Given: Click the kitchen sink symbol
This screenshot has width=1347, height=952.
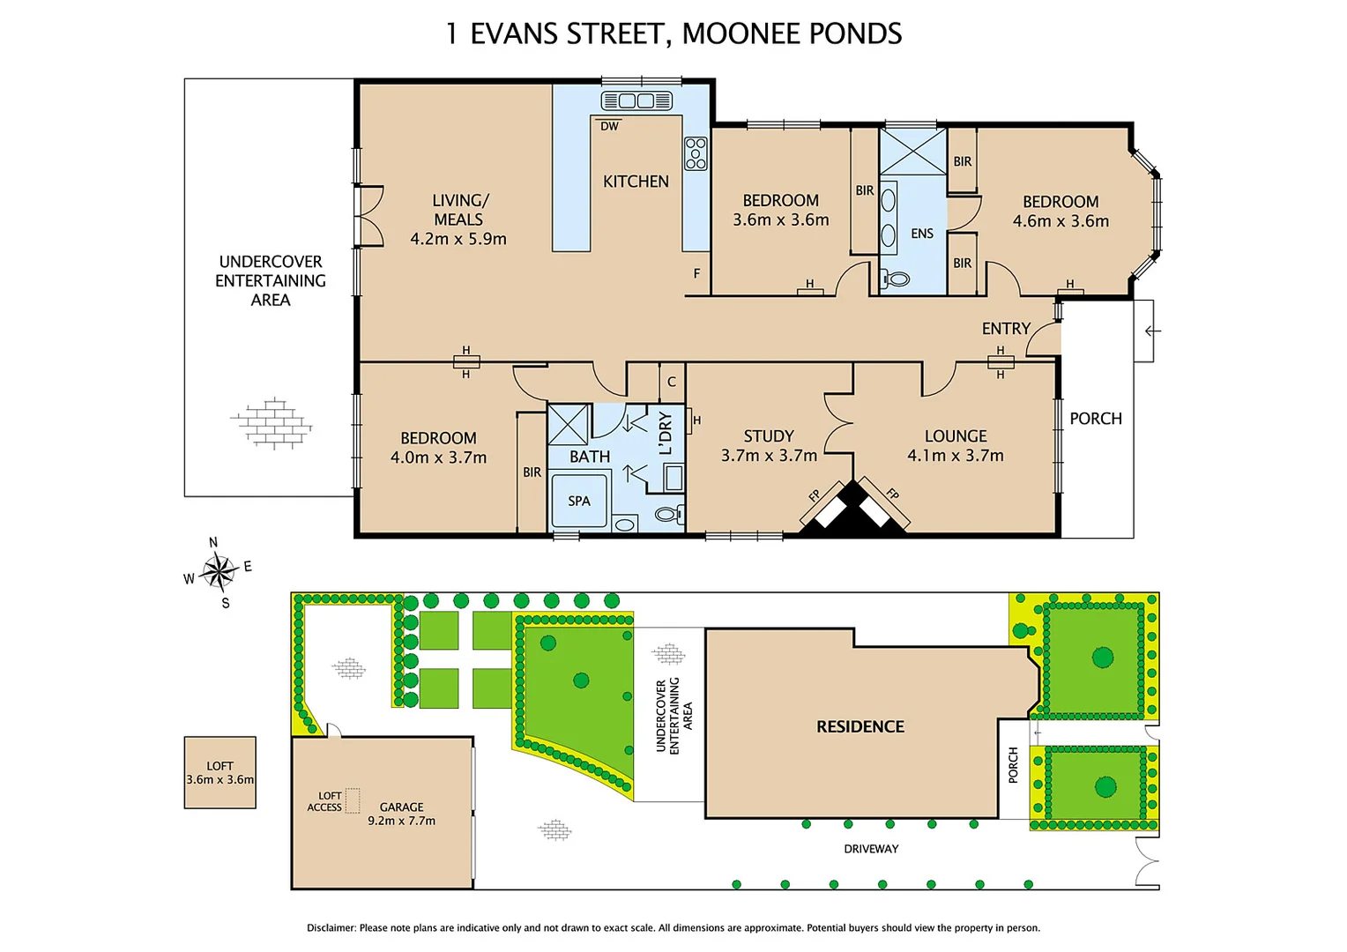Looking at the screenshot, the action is click(x=636, y=100).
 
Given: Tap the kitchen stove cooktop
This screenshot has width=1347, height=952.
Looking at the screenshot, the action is click(x=696, y=153).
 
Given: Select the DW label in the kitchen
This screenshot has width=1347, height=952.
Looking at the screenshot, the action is click(x=610, y=126).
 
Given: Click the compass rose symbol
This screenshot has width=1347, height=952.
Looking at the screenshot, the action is click(x=218, y=571).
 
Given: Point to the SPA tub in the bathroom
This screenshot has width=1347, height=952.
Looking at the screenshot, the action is click(x=579, y=501).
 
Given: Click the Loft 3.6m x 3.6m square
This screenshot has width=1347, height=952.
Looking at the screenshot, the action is click(x=220, y=772).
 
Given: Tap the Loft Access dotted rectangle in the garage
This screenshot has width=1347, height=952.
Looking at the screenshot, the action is click(x=353, y=800).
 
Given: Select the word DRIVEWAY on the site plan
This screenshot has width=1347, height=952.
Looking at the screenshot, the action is click(x=871, y=849).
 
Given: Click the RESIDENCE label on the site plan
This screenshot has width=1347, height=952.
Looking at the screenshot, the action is click(x=860, y=726).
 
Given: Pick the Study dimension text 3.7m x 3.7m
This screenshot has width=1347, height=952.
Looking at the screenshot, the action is click(x=769, y=455).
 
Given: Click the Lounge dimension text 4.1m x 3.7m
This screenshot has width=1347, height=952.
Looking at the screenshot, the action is click(x=956, y=455).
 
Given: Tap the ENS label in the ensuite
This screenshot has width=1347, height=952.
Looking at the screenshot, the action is click(x=922, y=234).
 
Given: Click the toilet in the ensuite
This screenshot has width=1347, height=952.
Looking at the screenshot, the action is click(x=896, y=279).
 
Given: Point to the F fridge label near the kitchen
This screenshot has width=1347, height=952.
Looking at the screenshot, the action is click(x=697, y=273).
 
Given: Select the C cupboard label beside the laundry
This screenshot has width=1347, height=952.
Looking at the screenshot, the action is click(x=672, y=382).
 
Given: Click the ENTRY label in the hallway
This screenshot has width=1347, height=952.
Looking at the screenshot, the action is click(x=1006, y=329).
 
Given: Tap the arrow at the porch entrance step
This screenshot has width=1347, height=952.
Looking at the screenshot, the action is click(x=1152, y=331).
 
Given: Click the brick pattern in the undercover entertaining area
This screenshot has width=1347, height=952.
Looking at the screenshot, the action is click(x=272, y=423).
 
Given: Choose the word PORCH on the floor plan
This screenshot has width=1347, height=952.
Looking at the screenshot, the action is click(x=1096, y=419).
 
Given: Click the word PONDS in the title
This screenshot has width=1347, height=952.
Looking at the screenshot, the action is click(x=855, y=33).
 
